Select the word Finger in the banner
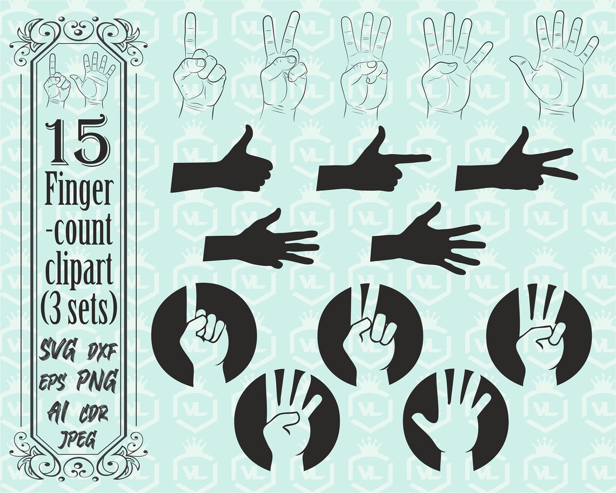(x=79, y=191)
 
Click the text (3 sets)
(x=79, y=307)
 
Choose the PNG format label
(x=97, y=381)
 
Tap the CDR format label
(x=95, y=414)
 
